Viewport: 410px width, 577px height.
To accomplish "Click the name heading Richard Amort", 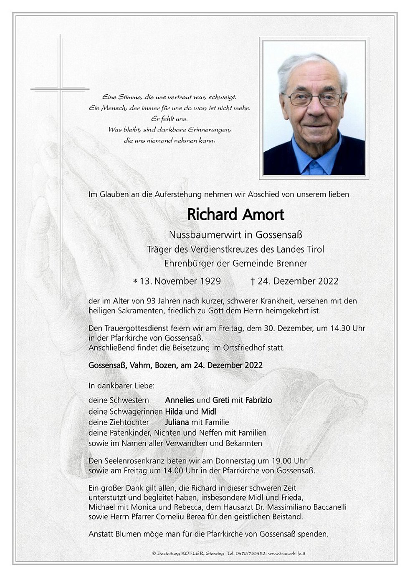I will (x=235, y=215).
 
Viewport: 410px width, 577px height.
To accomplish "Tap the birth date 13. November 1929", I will (x=180, y=281).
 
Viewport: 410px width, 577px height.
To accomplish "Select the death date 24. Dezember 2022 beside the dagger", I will (x=298, y=281).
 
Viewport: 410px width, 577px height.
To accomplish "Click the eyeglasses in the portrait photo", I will (x=313, y=99).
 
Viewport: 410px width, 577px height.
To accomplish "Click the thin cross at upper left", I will (x=60, y=88).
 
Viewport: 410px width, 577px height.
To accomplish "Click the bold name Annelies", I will (x=180, y=400).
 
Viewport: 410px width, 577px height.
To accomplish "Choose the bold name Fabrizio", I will (x=258, y=400).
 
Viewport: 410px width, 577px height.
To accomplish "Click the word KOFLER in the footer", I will (x=192, y=553).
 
